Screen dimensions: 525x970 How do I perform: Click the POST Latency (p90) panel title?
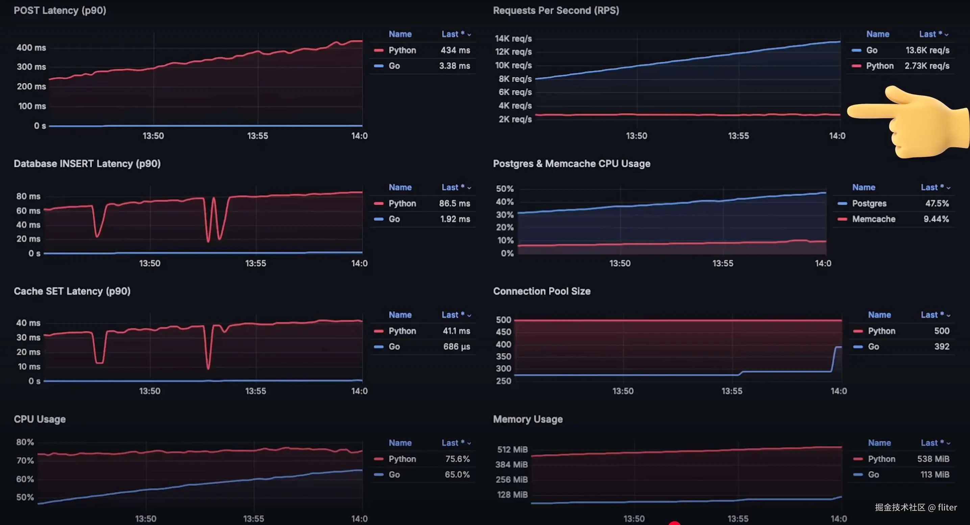tap(60, 10)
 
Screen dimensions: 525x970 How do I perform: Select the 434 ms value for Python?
tap(455, 50)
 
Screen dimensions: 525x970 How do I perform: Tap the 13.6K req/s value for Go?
tap(927, 50)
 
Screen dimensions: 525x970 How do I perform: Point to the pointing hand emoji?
tap(911, 120)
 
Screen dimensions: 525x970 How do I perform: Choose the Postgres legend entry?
tap(869, 203)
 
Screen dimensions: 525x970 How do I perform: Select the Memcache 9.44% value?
tap(936, 219)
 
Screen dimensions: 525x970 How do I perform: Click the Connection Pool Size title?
tap(541, 291)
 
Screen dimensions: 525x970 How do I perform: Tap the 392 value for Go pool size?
tap(941, 347)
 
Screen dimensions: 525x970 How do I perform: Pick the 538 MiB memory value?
tap(933, 459)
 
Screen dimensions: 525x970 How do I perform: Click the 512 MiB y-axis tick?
tap(512, 449)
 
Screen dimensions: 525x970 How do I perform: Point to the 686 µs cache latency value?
tap(456, 347)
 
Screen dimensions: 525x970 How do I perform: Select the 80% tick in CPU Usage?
tap(25, 442)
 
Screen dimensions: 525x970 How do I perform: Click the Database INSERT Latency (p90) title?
tap(87, 164)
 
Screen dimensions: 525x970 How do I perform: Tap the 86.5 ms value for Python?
tap(454, 203)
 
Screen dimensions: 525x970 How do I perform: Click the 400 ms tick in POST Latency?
tap(31, 48)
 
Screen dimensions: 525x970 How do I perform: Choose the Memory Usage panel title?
tap(528, 419)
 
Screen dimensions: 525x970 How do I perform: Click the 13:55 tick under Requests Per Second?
tap(738, 136)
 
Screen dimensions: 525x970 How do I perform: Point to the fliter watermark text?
tap(947, 507)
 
